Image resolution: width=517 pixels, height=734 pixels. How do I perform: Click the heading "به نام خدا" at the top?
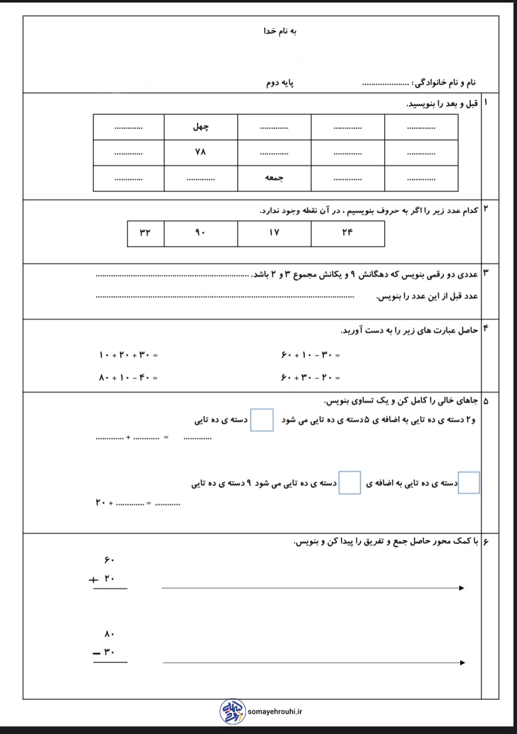(x=280, y=31)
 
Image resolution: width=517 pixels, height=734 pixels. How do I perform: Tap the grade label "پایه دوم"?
(x=280, y=83)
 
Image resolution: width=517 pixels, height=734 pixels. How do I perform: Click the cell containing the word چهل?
(x=201, y=127)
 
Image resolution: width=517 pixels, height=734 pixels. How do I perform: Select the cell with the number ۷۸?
(x=201, y=152)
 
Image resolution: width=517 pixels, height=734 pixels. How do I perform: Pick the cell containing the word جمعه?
(x=274, y=178)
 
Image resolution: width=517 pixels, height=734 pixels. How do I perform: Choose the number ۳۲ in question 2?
(x=145, y=233)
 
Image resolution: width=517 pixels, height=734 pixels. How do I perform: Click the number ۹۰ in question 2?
(x=200, y=233)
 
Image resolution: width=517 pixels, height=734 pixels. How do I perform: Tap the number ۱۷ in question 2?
(x=274, y=233)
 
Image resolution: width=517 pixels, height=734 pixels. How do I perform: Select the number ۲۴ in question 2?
(x=347, y=233)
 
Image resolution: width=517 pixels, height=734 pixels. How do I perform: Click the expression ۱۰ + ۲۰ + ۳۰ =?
(x=128, y=355)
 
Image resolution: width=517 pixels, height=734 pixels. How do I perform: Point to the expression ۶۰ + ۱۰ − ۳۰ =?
(x=311, y=355)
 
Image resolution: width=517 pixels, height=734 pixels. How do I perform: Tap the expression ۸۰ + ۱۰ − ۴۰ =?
(x=128, y=378)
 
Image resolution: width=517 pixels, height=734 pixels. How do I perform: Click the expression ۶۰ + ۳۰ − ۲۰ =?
(x=311, y=378)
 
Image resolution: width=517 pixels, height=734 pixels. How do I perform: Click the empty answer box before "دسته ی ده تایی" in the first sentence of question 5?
(x=262, y=420)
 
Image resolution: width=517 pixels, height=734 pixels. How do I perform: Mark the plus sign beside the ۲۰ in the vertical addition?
(x=93, y=580)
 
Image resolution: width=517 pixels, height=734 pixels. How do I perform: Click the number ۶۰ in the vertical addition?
(x=109, y=560)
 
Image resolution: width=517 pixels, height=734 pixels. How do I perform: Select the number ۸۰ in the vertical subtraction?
(x=109, y=634)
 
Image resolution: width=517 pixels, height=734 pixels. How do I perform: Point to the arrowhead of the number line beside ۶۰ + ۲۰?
(x=462, y=588)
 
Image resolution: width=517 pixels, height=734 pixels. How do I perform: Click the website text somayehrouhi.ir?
(x=275, y=712)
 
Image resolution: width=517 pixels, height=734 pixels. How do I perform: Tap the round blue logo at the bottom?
(x=233, y=711)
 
